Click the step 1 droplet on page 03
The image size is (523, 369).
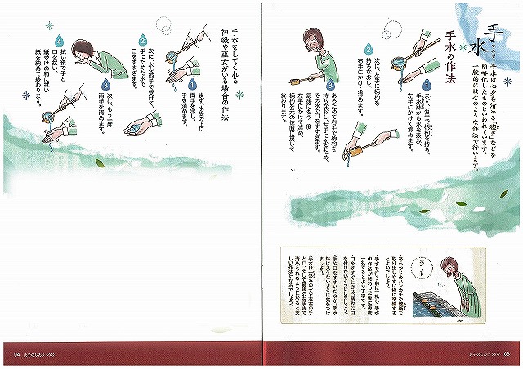tap(426, 84)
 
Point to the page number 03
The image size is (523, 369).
tap(507, 353)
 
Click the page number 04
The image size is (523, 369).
tap(16, 353)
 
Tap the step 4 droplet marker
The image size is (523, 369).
tap(59, 41)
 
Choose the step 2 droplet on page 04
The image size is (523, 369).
tap(143, 39)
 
